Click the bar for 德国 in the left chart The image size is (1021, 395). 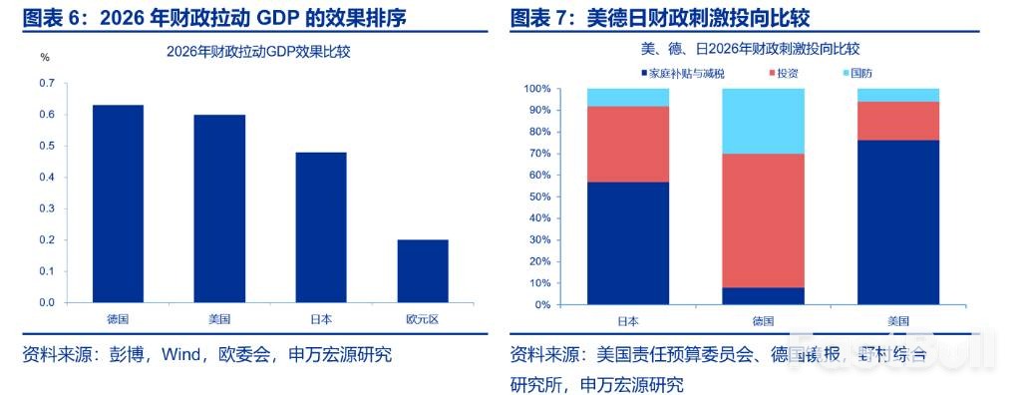click(x=118, y=203)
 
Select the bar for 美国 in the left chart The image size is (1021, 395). click(x=219, y=208)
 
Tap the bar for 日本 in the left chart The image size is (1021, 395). click(x=321, y=227)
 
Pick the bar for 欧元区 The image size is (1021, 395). click(x=422, y=270)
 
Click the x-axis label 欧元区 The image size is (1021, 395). click(x=422, y=319)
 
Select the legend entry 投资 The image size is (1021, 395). click(x=787, y=73)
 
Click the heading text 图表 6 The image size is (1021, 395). click(x=50, y=17)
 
